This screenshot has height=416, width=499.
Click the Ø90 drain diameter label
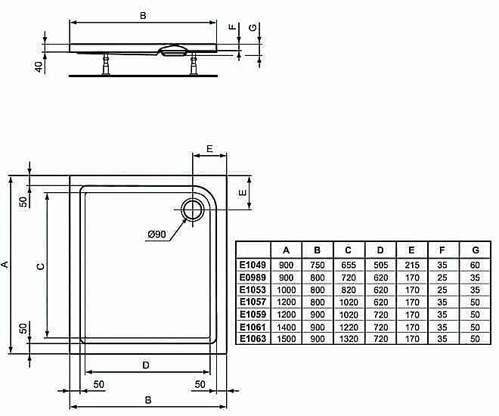[157, 234]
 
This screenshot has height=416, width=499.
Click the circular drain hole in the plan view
[192, 210]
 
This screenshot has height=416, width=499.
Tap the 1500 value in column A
[287, 338]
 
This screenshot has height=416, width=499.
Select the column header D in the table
[380, 250]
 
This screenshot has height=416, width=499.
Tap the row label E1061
[253, 326]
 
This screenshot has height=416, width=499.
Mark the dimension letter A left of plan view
[5, 264]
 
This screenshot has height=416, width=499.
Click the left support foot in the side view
[104, 64]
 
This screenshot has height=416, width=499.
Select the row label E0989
[253, 278]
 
